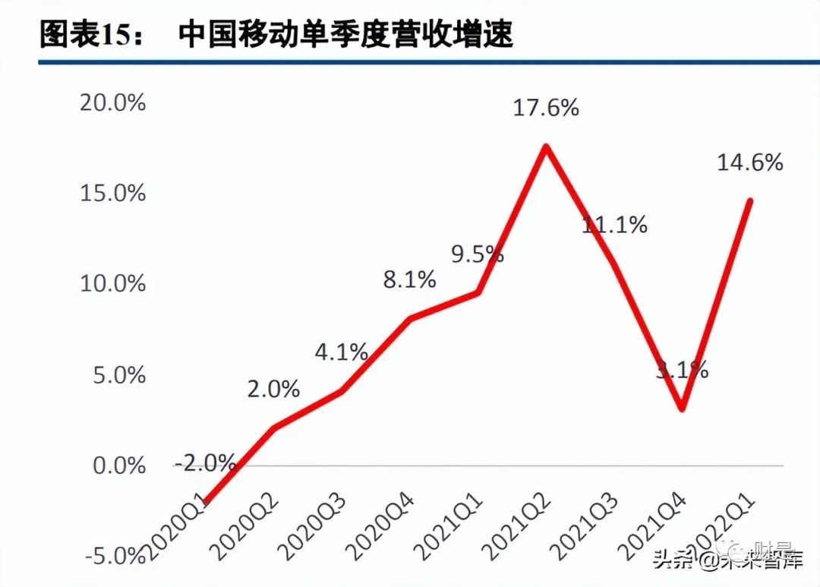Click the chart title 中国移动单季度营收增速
[346, 34]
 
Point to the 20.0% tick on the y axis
[112, 103]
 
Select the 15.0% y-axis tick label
[112, 193]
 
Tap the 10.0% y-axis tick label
[112, 284]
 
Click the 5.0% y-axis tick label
[117, 375]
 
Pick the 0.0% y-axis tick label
[117, 465]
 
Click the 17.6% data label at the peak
[546, 108]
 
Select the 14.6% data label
[749, 162]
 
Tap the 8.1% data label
[409, 279]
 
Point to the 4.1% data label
[342, 352]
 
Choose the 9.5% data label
[478, 254]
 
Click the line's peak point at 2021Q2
[546, 146]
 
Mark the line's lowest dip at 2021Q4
[682, 409]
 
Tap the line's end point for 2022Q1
[750, 200]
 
